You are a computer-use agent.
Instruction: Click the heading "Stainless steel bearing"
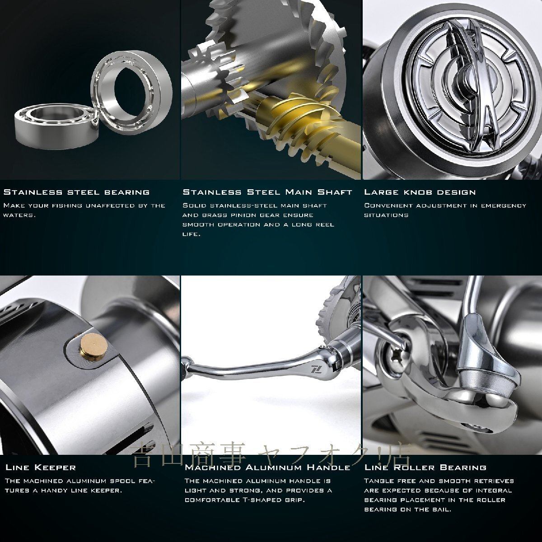pos(76,192)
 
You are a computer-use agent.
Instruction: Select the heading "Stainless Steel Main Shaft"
pos(267,192)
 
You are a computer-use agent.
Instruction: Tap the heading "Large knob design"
pos(420,192)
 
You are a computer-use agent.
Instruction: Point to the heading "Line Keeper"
pos(41,467)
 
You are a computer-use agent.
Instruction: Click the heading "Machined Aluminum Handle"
pos(267,467)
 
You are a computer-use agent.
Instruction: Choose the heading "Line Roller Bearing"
pos(425,467)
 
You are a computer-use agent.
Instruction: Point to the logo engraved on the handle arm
pos(315,377)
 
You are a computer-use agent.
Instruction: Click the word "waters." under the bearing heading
pos(20,215)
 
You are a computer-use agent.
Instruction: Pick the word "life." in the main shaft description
pos(191,234)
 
